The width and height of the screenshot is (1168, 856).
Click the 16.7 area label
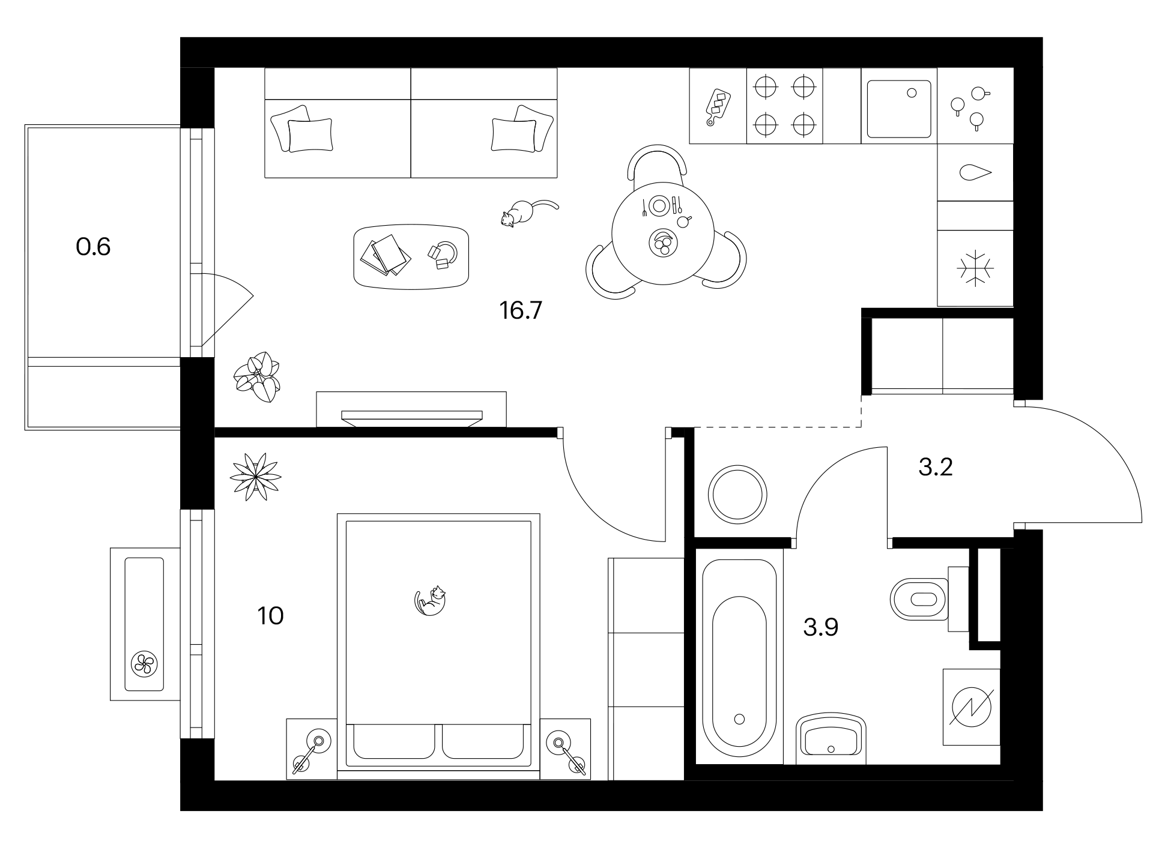(521, 310)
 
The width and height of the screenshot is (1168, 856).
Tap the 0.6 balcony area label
(93, 247)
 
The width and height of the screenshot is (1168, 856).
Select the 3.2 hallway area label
(936, 466)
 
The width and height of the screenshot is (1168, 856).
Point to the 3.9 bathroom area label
(820, 627)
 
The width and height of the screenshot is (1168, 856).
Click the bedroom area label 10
(270, 616)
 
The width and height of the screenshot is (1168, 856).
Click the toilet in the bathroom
(919, 598)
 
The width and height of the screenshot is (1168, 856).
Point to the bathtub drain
(739, 719)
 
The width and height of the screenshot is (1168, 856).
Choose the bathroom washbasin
(831, 738)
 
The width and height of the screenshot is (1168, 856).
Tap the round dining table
(662, 233)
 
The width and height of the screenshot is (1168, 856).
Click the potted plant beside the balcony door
(257, 377)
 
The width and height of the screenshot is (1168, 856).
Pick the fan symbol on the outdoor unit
(144, 664)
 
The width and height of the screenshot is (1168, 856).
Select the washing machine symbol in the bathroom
(971, 707)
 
